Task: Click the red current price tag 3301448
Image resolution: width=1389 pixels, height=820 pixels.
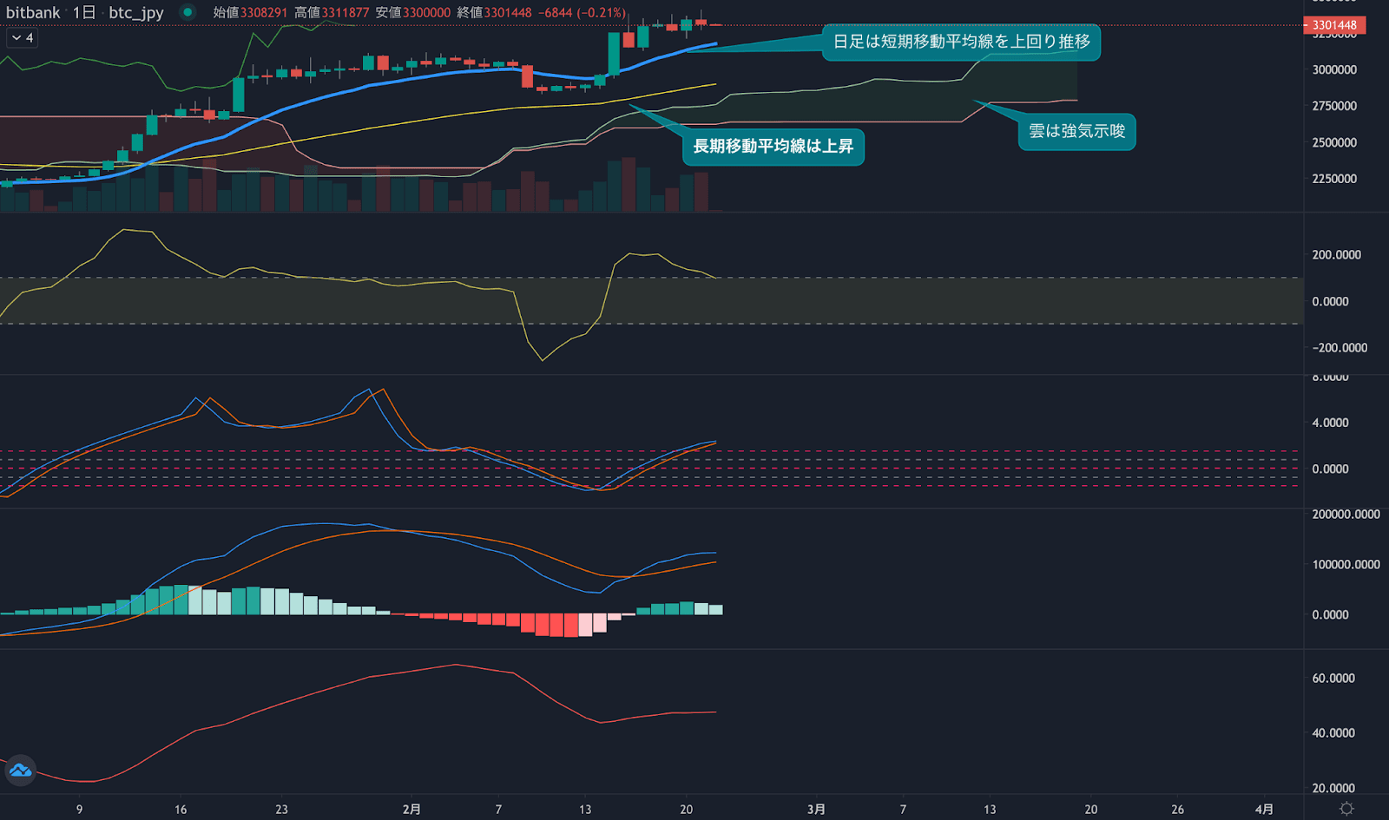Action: tap(1334, 25)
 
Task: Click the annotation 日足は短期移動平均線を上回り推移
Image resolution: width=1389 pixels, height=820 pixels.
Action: tap(961, 42)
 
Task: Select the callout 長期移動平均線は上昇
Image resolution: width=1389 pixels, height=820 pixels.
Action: tap(773, 146)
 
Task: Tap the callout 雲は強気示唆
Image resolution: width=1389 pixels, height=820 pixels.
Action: tap(1076, 131)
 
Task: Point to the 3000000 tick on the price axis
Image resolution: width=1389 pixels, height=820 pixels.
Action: tap(1334, 69)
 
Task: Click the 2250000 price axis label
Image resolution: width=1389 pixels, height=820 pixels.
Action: tap(1334, 179)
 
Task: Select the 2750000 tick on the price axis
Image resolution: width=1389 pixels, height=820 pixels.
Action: tap(1334, 106)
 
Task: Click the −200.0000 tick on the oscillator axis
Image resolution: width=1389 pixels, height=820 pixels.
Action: tap(1340, 347)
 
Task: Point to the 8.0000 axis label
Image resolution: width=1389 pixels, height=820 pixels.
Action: tap(1330, 377)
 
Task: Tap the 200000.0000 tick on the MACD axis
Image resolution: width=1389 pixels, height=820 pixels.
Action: tap(1346, 515)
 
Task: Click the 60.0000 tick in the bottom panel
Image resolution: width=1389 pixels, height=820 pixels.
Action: tap(1333, 678)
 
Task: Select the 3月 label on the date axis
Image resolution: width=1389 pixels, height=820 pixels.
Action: tap(816, 809)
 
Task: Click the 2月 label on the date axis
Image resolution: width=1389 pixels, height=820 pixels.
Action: tap(411, 809)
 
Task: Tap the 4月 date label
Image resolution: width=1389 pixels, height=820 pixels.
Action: tap(1264, 809)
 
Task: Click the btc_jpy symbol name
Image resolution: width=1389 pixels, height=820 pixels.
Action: tap(136, 12)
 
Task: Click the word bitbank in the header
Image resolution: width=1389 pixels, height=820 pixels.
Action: tap(33, 12)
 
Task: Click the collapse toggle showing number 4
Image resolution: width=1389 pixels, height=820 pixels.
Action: tap(23, 37)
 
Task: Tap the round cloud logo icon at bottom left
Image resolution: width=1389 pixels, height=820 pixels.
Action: tap(20, 770)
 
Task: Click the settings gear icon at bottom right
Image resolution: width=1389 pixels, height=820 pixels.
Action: tap(1346, 809)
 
